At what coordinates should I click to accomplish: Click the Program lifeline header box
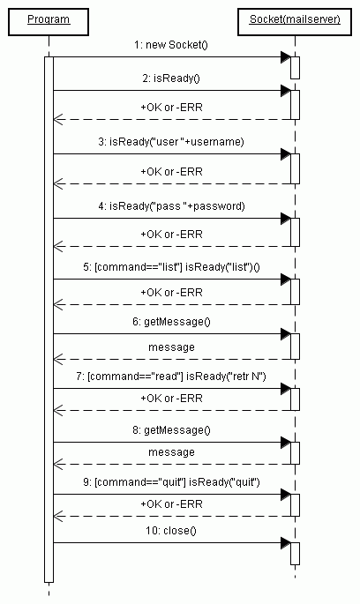point(49,22)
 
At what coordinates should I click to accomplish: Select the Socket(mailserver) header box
point(295,22)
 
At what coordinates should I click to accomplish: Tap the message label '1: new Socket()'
point(171,45)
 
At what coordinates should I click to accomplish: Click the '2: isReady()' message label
point(171,78)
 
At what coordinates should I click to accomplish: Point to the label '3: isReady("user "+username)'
point(171,142)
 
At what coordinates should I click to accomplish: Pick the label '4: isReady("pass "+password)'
point(171,206)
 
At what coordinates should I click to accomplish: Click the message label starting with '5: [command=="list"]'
point(171,266)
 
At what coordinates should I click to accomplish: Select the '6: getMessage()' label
point(171,321)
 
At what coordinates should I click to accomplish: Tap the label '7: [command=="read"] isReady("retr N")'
point(171,376)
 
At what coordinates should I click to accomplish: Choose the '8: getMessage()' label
point(171,430)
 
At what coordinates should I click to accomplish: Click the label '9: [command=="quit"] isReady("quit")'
point(171,482)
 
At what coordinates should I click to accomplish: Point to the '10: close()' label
point(171,531)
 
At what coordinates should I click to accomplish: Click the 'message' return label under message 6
point(171,347)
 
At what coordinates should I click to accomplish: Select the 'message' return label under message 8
point(171,451)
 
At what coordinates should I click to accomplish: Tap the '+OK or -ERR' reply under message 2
point(171,107)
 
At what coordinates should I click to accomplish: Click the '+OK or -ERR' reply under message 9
point(171,503)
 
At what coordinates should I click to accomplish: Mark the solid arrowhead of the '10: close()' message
point(286,543)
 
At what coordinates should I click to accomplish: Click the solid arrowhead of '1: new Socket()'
point(286,57)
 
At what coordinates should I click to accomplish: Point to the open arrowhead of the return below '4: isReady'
point(58,246)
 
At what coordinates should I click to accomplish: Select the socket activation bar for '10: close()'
point(295,554)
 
